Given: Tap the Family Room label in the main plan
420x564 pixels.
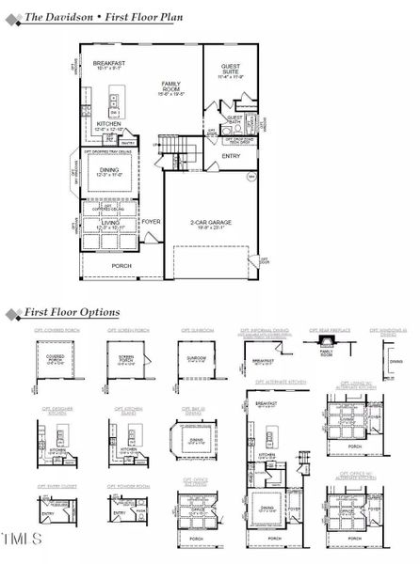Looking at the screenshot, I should click(171, 86).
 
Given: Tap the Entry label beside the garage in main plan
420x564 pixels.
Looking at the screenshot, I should click(231, 156).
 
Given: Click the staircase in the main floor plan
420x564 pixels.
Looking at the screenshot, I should click(171, 148).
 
